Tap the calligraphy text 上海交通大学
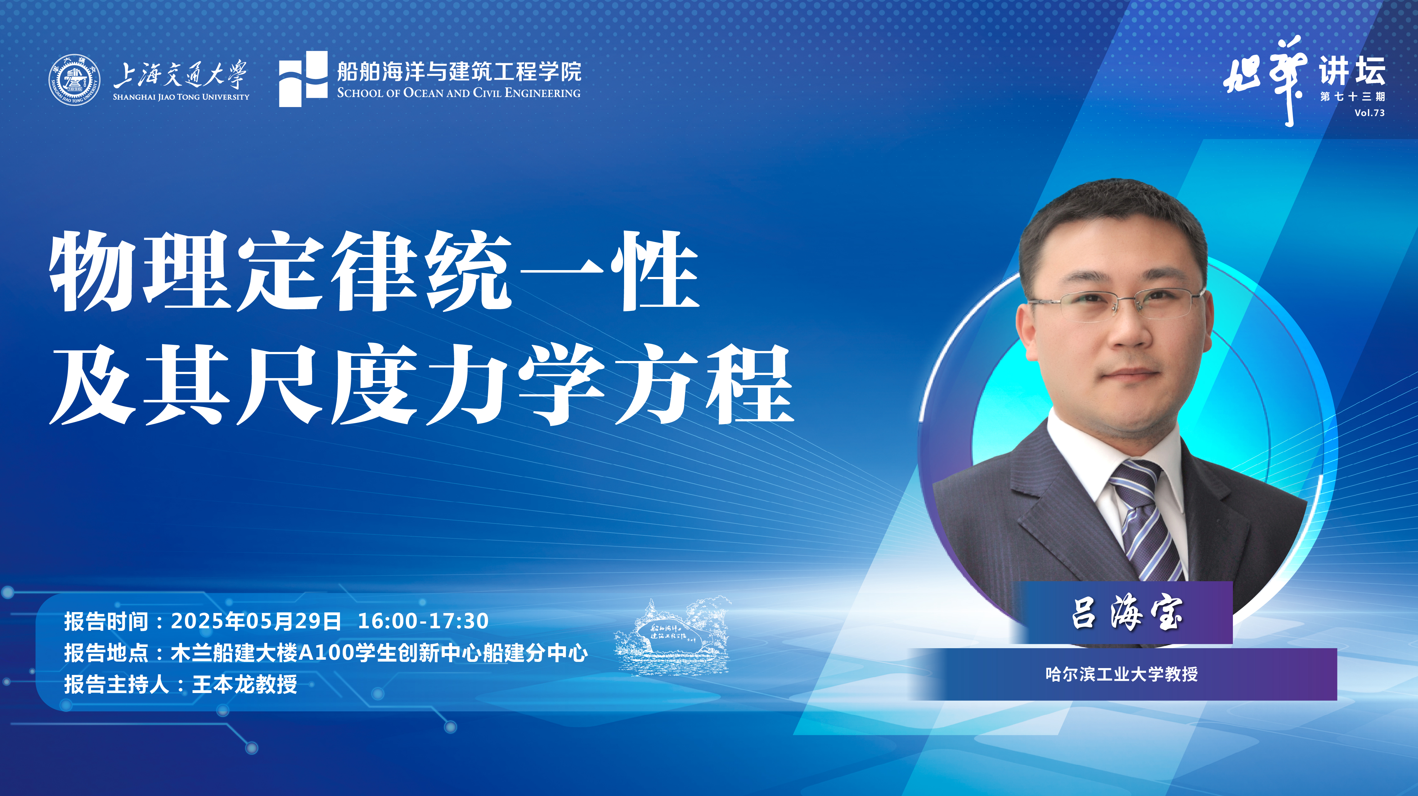tap(180, 75)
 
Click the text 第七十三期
tap(1352, 97)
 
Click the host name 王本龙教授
tap(245, 684)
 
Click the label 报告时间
tap(106, 621)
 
